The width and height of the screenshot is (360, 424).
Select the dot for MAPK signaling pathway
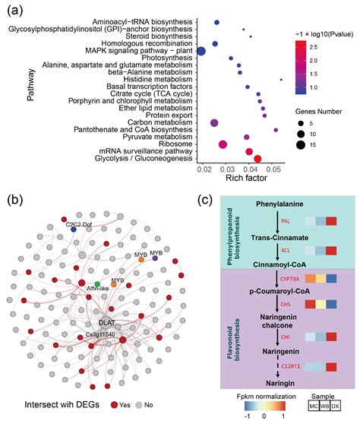point(202,51)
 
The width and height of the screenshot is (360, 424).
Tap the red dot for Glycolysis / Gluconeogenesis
point(257,159)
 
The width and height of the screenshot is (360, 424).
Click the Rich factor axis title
point(247,179)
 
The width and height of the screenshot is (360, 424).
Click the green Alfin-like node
point(97,283)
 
